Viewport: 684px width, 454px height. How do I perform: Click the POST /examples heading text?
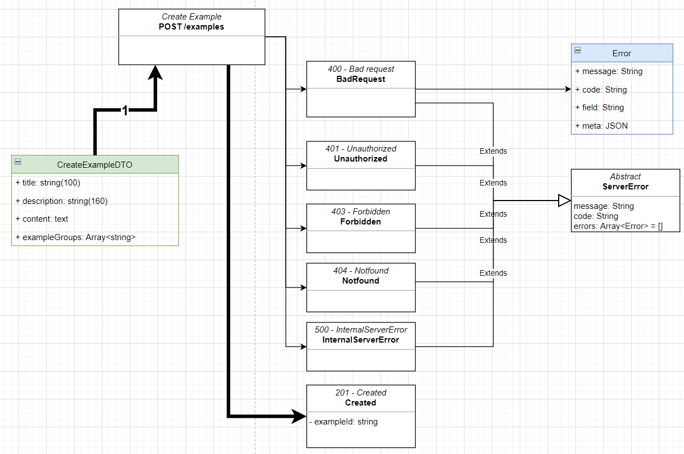click(x=191, y=27)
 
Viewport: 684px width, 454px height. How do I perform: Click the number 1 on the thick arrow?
click(x=125, y=111)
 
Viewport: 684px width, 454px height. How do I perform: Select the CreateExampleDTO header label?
click(x=95, y=164)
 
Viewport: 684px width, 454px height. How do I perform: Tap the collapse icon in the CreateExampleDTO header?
click(x=18, y=162)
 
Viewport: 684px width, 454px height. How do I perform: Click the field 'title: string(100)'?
click(x=52, y=183)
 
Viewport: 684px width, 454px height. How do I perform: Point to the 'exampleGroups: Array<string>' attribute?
click(x=76, y=237)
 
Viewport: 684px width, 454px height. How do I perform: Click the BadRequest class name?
click(x=360, y=79)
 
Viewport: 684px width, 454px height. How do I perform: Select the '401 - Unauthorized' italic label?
click(x=360, y=149)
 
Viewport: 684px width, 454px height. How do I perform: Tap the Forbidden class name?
click(x=360, y=221)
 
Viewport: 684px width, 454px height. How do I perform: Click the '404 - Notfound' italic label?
click(x=360, y=271)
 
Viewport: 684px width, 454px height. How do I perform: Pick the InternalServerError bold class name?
click(x=360, y=339)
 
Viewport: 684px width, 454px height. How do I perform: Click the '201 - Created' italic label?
click(x=360, y=393)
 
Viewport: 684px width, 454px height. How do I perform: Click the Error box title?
click(x=622, y=53)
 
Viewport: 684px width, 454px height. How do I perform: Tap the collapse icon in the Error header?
click(x=578, y=50)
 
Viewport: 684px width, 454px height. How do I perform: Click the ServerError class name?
click(x=625, y=187)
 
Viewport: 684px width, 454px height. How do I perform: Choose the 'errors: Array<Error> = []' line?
click(x=618, y=226)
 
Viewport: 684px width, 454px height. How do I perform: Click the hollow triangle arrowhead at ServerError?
click(x=564, y=201)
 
